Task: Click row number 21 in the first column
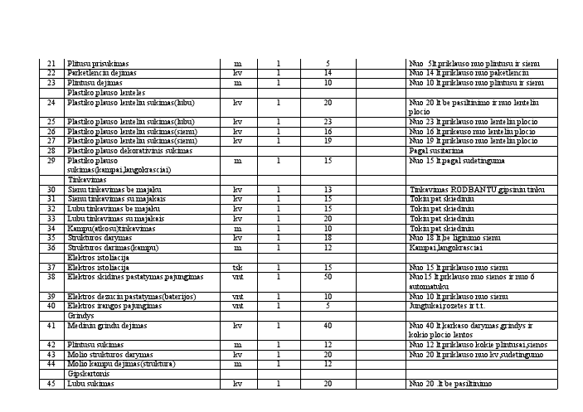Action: (51, 63)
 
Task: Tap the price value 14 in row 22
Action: (328, 73)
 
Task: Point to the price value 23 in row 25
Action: (328, 122)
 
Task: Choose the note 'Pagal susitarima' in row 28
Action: (435, 151)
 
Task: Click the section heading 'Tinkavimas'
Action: (87, 179)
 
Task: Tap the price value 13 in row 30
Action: (328, 190)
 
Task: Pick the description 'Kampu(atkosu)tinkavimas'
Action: (109, 229)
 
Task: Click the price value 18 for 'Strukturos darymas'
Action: (328, 238)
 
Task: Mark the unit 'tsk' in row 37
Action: (237, 267)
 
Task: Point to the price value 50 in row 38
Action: (328, 277)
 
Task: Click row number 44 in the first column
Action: (51, 364)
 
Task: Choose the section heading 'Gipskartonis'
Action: (86, 374)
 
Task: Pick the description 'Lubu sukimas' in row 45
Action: (90, 384)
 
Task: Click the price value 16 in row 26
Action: (328, 131)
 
